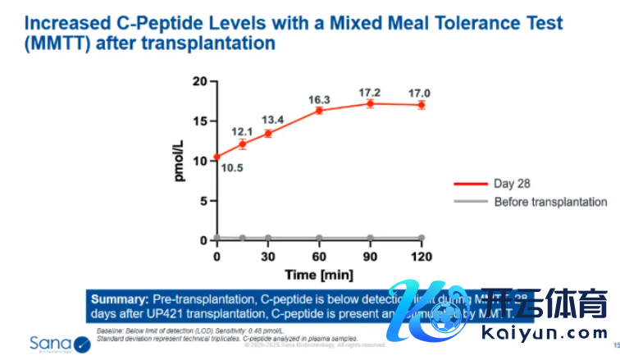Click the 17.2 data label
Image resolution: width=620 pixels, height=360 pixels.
[x=371, y=88]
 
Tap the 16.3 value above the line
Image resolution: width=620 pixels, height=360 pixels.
[x=319, y=99]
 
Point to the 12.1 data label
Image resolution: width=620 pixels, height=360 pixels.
[x=241, y=131]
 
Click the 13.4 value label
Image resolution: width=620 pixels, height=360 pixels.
[x=272, y=120]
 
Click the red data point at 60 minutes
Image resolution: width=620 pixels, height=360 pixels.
[x=319, y=110]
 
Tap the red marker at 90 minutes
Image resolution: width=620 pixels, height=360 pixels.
[x=371, y=103]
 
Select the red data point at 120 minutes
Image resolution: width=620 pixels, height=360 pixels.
[x=422, y=105]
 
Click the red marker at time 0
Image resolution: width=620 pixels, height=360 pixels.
[x=217, y=157]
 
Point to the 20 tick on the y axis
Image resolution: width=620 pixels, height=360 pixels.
[x=199, y=80]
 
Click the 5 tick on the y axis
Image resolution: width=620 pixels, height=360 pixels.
[x=203, y=200]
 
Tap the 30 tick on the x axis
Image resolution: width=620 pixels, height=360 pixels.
[x=268, y=256]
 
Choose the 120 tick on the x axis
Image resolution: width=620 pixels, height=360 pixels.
[x=422, y=256]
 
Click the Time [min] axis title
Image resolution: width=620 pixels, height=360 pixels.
[x=319, y=273]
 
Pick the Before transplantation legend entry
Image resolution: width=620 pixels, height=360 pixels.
[x=550, y=202]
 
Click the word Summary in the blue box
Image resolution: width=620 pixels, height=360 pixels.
[x=119, y=299]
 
